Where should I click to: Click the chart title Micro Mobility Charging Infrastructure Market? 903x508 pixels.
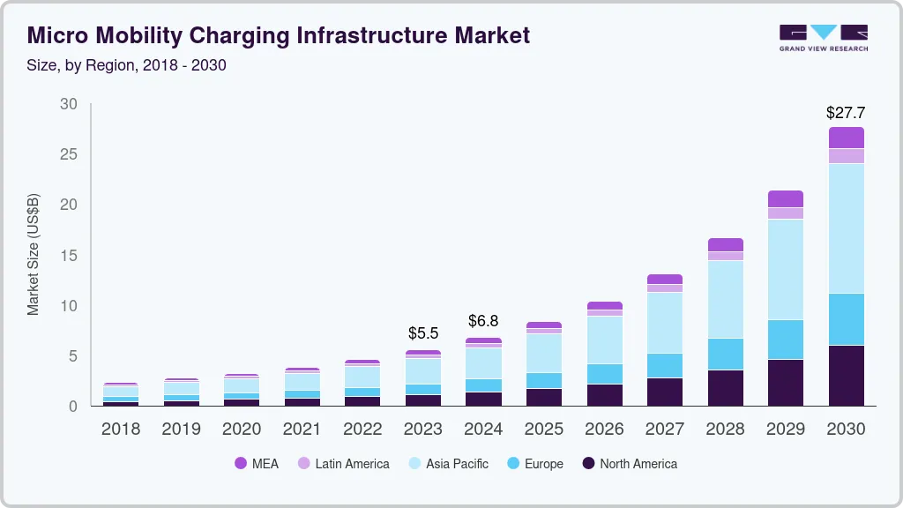tap(279, 35)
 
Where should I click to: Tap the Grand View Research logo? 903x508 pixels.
tap(823, 37)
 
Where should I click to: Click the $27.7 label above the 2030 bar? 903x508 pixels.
tap(845, 113)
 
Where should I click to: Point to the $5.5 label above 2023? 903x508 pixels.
tap(423, 333)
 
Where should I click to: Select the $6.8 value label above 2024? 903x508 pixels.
tap(483, 320)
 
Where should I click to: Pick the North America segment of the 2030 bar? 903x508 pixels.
tap(846, 375)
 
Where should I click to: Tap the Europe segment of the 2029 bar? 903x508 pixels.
tap(786, 339)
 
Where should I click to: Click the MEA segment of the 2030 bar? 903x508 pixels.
tap(846, 138)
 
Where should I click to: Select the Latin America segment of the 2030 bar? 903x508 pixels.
tap(846, 156)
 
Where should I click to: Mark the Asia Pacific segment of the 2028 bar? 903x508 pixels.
tap(725, 299)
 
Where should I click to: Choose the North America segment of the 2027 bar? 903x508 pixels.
tap(665, 392)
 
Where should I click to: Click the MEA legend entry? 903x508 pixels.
tap(257, 463)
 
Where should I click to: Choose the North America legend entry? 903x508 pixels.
tap(629, 463)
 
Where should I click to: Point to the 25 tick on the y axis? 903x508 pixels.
tap(68, 154)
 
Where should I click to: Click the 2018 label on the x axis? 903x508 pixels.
tap(121, 430)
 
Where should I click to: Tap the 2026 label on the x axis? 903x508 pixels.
tap(604, 430)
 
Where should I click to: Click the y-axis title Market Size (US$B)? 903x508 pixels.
tap(34, 254)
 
